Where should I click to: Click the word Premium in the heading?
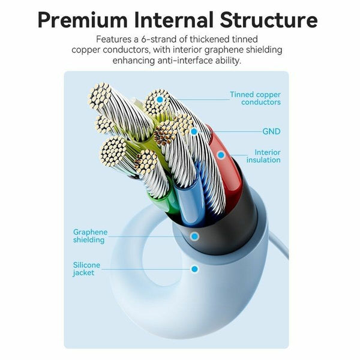pyautogui.click(x=83, y=20)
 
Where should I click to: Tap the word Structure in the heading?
pyautogui.click(x=269, y=20)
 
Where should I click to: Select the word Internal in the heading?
pyautogui.click(x=174, y=20)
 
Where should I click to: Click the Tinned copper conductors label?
pyautogui.click(x=256, y=98)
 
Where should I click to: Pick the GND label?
pyautogui.click(x=271, y=131)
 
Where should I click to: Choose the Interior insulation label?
pyautogui.click(x=263, y=156)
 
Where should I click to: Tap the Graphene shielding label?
pyautogui.click(x=90, y=236)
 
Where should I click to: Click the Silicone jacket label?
pyautogui.click(x=86, y=269)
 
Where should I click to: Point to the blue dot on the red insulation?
pyautogui.click(x=221, y=155)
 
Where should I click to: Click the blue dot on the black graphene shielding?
pyautogui.click(x=194, y=236)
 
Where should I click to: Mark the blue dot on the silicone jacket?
pyautogui.click(x=194, y=269)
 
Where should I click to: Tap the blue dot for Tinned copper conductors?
pyautogui.click(x=160, y=100)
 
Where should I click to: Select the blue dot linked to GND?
pyautogui.click(x=194, y=131)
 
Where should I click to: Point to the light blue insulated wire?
pyautogui.click(x=190, y=202)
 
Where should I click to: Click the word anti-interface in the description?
pyautogui.click(x=185, y=61)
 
